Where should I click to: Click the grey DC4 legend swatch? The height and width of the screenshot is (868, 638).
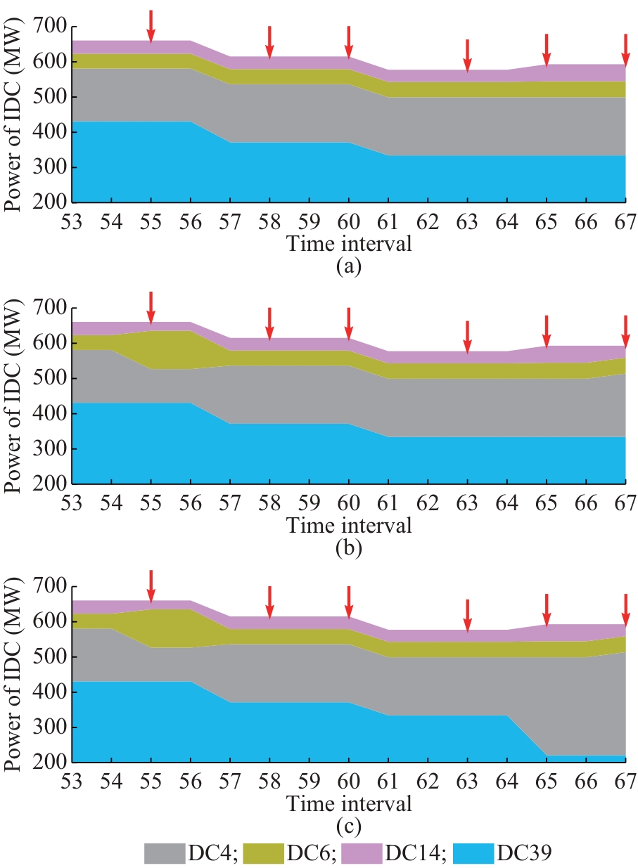[165, 853]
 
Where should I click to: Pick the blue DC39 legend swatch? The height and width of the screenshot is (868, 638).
[474, 853]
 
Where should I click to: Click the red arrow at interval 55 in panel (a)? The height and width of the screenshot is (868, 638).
[151, 25]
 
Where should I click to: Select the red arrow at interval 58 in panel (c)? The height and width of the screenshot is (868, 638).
[269, 601]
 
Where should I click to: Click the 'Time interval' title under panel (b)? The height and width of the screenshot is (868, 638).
[348, 524]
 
